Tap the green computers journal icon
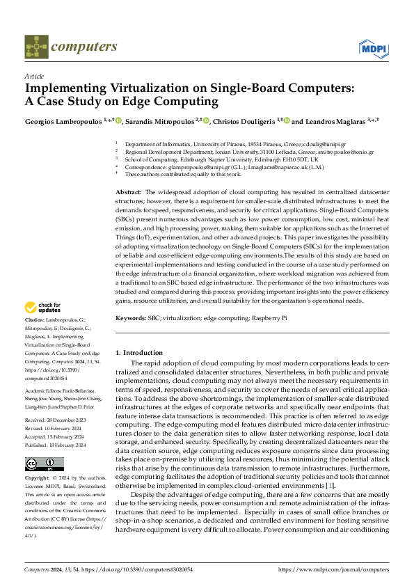tap(36, 47)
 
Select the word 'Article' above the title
tap(33, 76)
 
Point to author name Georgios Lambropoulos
tap(63, 121)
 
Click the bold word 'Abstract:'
tap(128, 191)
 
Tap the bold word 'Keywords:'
tap(132, 317)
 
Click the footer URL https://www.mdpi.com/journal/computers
tap(333, 569)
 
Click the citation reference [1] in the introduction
tap(331, 484)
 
